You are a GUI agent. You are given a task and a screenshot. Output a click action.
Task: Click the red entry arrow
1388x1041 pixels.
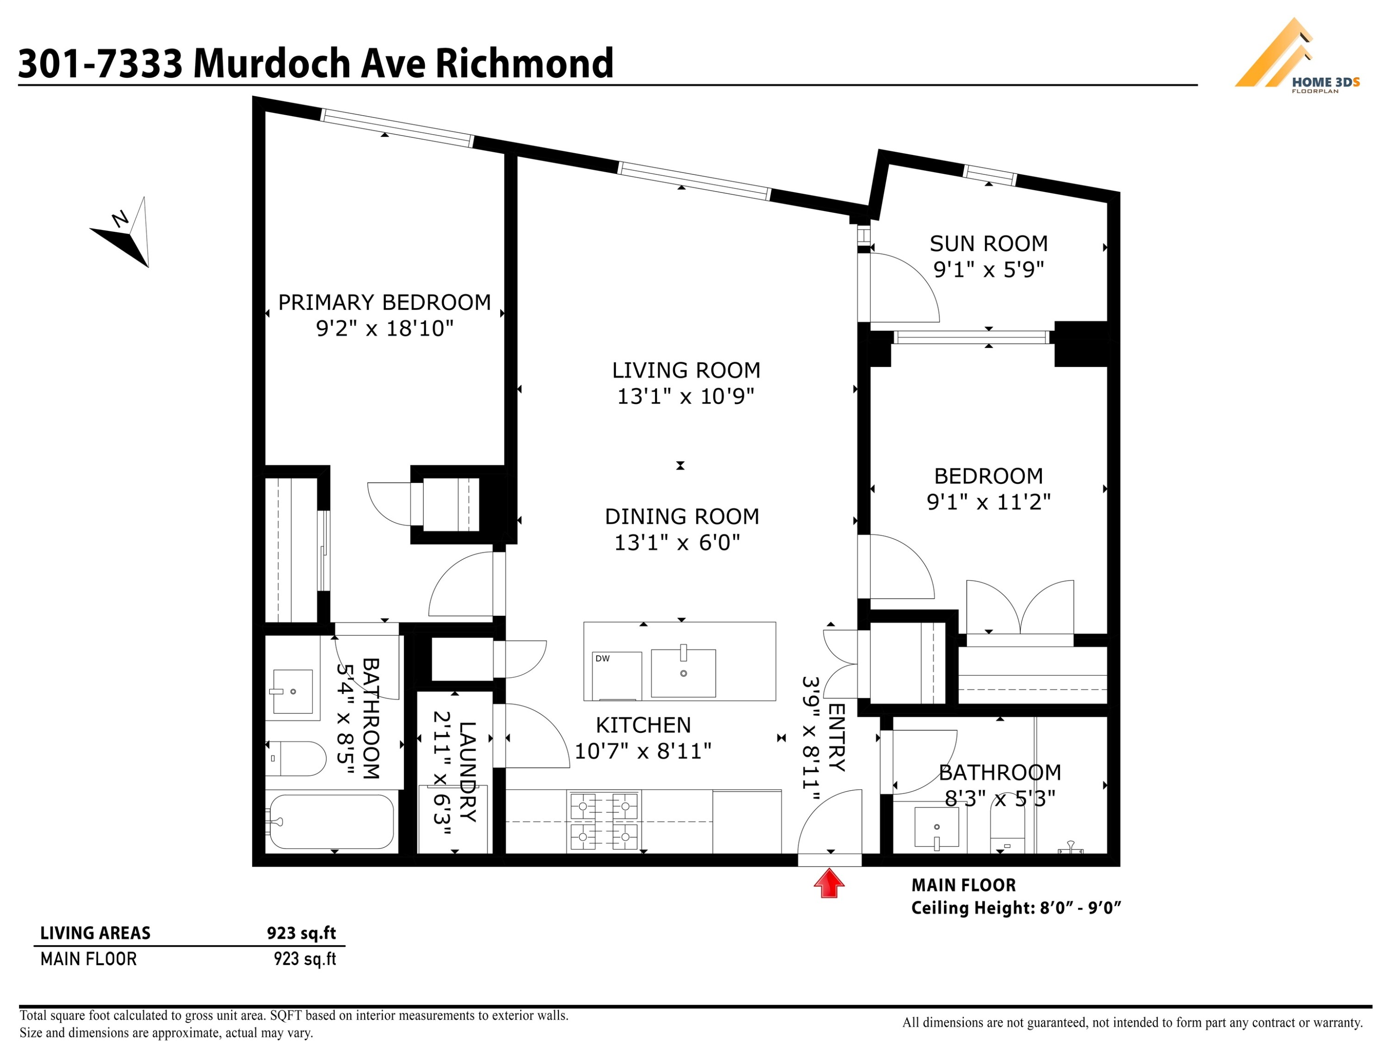829,883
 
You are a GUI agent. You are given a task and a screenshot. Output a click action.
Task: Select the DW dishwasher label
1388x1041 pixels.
602,658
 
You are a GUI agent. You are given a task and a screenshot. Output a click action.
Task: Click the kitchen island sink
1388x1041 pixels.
683,673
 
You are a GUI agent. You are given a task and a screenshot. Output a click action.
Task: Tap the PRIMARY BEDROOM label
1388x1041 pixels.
384,303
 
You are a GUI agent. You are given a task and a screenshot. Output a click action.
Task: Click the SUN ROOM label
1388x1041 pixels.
988,243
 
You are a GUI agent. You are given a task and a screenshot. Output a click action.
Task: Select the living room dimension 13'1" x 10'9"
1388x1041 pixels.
685,397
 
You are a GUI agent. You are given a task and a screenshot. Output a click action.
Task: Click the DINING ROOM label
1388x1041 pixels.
682,516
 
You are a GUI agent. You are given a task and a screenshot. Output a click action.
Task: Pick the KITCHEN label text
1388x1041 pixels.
643,725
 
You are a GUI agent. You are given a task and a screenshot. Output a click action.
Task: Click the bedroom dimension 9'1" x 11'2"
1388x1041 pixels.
988,502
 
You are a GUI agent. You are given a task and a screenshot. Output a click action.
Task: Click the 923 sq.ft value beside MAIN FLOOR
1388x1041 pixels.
305,959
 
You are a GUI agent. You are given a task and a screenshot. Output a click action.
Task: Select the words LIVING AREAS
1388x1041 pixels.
95,933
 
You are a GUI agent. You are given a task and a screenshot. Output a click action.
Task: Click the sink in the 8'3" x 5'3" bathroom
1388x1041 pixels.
937,828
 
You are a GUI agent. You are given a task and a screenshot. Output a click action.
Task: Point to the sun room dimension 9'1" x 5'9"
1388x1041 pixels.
988,270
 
